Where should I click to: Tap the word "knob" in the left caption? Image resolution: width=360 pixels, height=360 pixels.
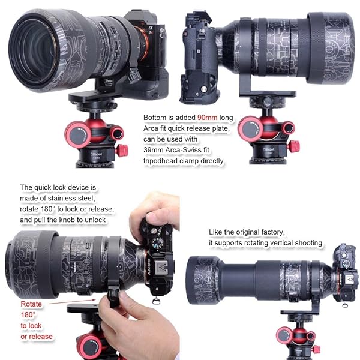pyautogui.click(x=82, y=220)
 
